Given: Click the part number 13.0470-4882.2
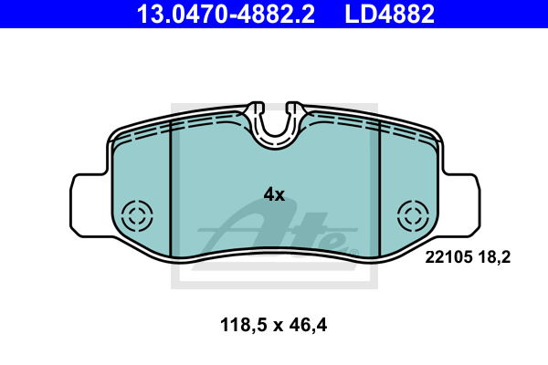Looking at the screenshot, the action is [x=226, y=14].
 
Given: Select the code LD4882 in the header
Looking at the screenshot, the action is [x=390, y=14].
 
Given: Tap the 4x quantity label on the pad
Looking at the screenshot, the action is [x=274, y=194].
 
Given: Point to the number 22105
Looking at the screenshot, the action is [x=448, y=257].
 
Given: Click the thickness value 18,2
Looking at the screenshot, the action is [x=494, y=257].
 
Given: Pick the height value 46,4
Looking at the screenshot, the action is [x=308, y=325].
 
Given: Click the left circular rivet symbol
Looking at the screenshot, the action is [x=137, y=216].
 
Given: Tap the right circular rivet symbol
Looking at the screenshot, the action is [x=413, y=216].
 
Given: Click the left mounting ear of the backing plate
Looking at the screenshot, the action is [x=90, y=205].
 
